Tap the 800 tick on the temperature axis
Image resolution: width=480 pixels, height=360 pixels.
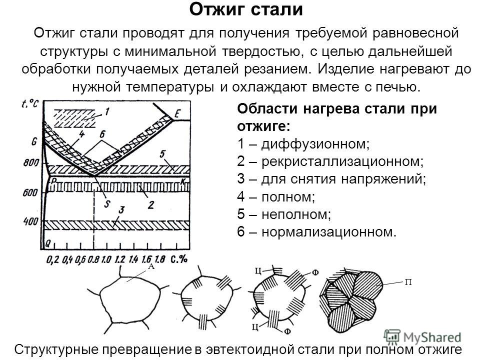pos(31,162)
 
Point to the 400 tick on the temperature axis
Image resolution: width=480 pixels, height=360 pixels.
pos(31,220)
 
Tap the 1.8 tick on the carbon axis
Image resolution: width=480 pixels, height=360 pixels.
pos(159,259)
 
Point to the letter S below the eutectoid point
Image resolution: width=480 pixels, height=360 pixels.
pos(106,204)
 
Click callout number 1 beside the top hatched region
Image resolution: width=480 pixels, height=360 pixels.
pos(108,111)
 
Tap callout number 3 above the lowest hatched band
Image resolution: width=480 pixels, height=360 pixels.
pos(122,210)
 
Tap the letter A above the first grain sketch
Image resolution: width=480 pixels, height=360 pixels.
pos(150,267)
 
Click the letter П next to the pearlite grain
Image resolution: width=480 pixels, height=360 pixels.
pos(408,282)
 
